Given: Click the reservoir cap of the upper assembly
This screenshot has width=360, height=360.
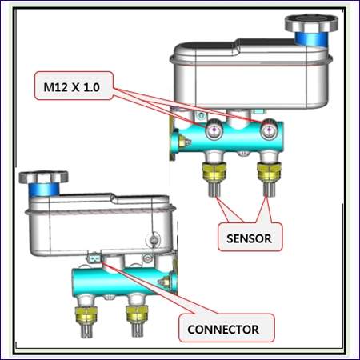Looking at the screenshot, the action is pyautogui.click(x=311, y=22).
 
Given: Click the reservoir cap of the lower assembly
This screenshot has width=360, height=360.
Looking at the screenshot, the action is pyautogui.click(x=43, y=177).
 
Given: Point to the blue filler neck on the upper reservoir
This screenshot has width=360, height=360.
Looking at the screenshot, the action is pyautogui.click(x=311, y=38).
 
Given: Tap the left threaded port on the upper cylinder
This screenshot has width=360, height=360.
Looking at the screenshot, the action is pyautogui.click(x=214, y=130).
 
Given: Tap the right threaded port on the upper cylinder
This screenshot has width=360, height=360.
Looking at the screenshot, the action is pyautogui.click(x=269, y=130).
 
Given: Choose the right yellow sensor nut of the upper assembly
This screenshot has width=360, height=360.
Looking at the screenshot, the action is pyautogui.click(x=269, y=171).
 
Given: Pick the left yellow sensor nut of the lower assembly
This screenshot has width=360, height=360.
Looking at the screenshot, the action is pyautogui.click(x=86, y=314).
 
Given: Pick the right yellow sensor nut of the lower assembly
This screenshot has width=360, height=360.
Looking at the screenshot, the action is pyautogui.click(x=137, y=314).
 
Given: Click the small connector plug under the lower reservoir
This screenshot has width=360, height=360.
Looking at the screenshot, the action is pyautogui.click(x=94, y=258).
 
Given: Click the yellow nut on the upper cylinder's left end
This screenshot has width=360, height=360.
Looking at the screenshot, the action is pyautogui.click(x=183, y=141).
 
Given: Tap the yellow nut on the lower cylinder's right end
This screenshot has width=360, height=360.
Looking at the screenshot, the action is pyautogui.click(x=166, y=282).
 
